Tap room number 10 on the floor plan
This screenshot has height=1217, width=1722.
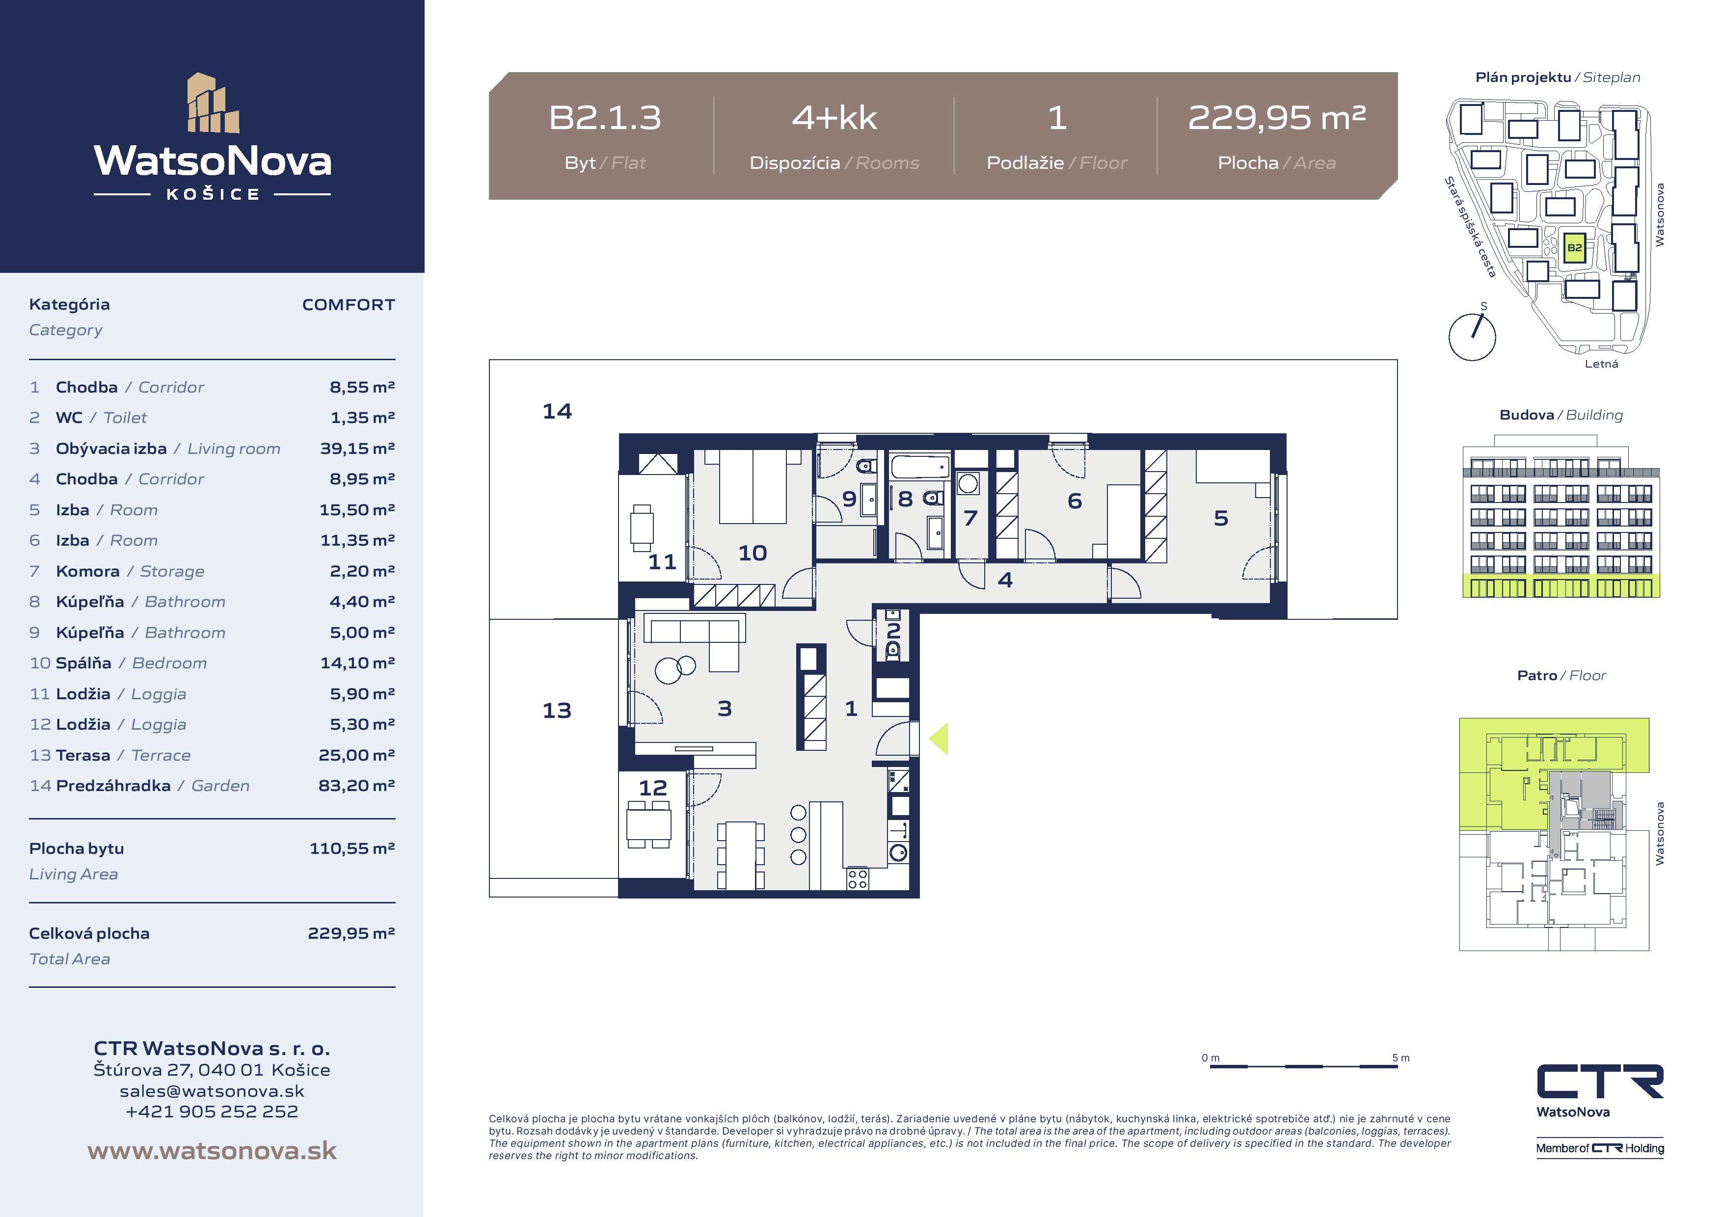(x=752, y=554)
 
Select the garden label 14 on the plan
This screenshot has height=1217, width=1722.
(x=557, y=411)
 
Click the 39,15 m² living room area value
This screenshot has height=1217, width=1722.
(x=357, y=449)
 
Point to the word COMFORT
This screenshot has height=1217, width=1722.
(x=348, y=304)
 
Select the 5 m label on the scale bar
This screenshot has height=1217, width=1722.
(x=1400, y=1058)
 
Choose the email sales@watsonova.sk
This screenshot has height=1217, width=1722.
(x=212, y=1091)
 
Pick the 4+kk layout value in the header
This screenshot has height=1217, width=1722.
(x=834, y=118)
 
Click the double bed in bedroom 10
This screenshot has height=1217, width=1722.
(x=752, y=486)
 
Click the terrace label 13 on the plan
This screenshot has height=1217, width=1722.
(x=557, y=710)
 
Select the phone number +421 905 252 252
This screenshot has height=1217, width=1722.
(x=212, y=1111)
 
